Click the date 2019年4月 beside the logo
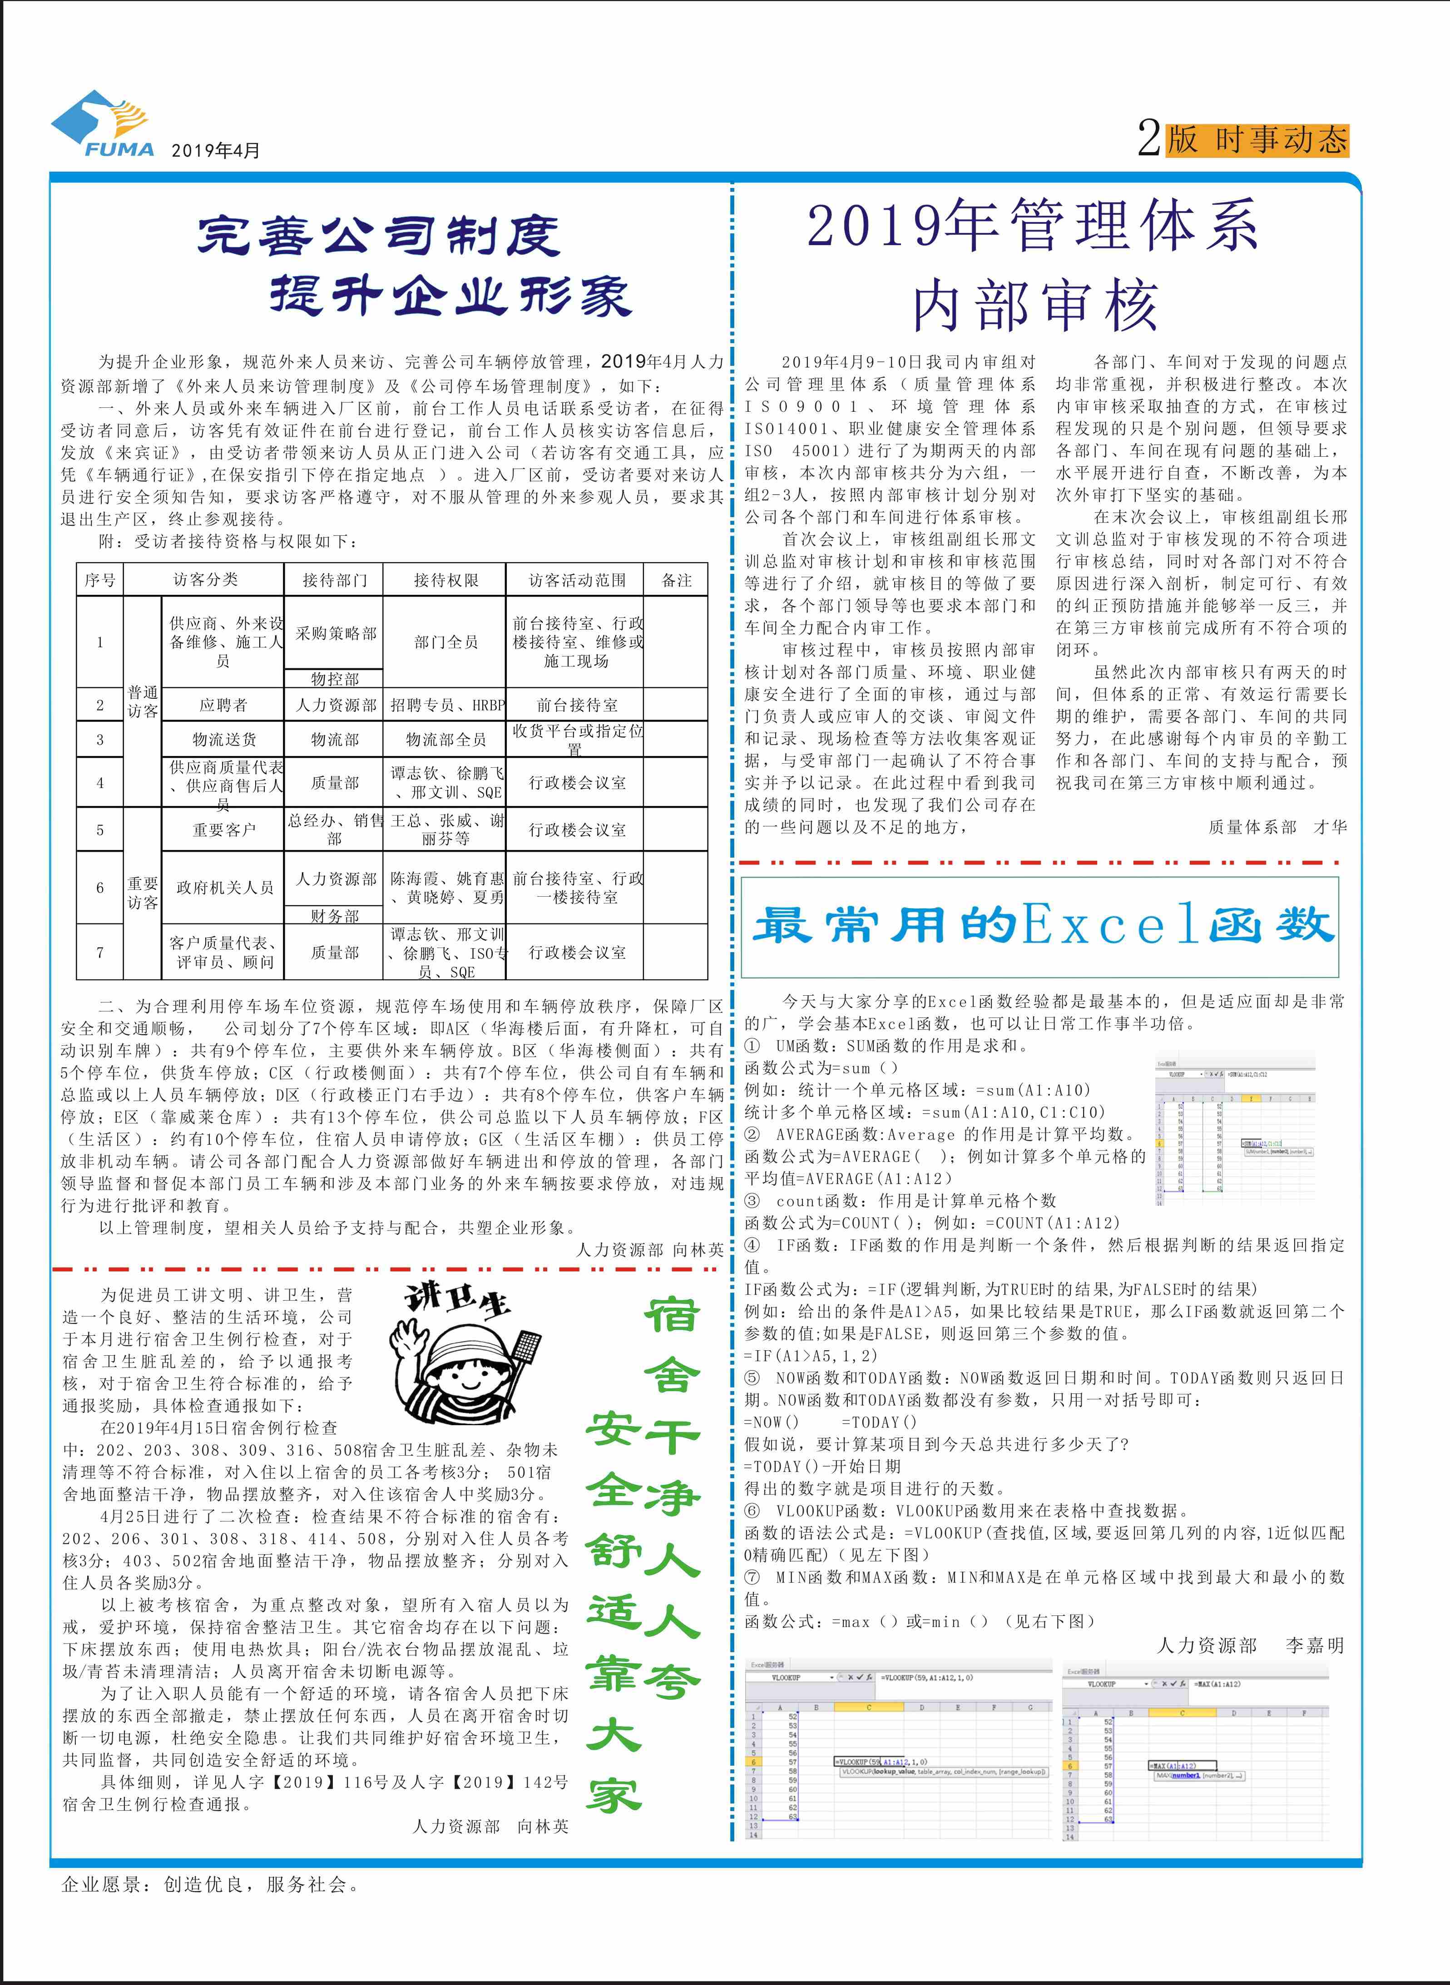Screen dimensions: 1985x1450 [x=215, y=150]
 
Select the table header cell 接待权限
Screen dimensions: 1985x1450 [x=446, y=580]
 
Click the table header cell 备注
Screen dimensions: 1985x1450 [x=676, y=580]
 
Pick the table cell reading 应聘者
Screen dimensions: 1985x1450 [x=223, y=705]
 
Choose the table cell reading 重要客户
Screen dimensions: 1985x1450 [x=223, y=829]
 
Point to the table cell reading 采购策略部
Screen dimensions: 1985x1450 [x=335, y=633]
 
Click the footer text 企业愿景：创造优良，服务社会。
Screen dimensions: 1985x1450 [x=211, y=1884]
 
